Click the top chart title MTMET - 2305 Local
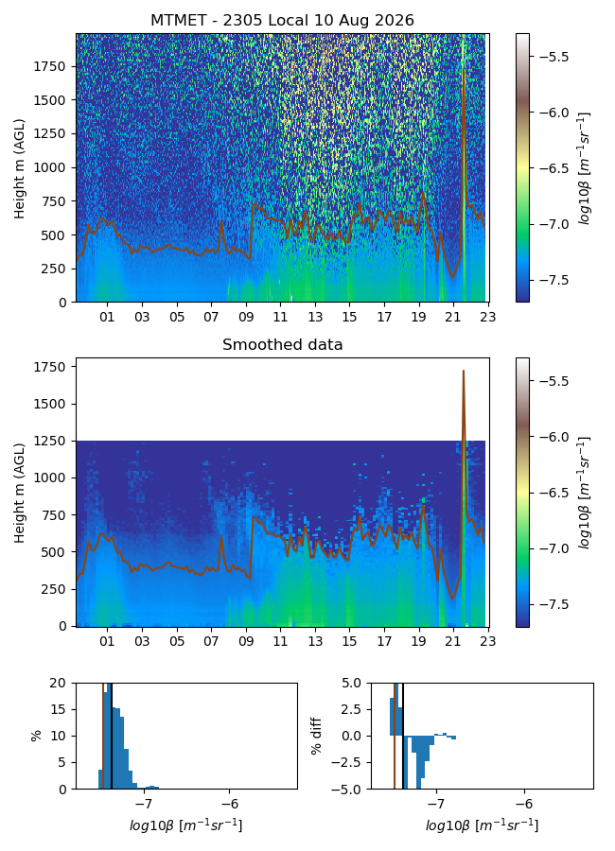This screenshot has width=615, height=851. (220, 21)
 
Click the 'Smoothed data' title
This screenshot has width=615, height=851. (283, 344)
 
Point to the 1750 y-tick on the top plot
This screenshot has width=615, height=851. (49, 66)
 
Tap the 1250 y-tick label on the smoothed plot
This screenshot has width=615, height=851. (49, 442)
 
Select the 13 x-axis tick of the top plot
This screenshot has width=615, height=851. (315, 317)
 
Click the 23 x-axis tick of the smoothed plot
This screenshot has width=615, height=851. (488, 641)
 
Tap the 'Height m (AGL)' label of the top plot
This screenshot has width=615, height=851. (20, 168)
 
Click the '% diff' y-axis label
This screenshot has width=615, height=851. (316, 736)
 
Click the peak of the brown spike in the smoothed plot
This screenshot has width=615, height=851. (464, 371)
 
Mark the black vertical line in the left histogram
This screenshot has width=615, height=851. (112, 736)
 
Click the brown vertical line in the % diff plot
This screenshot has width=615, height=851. (395, 736)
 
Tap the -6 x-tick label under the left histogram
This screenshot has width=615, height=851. (230, 803)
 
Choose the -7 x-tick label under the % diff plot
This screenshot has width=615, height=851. (436, 803)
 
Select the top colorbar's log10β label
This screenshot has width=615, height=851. (584, 168)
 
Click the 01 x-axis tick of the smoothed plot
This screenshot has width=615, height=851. (107, 641)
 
